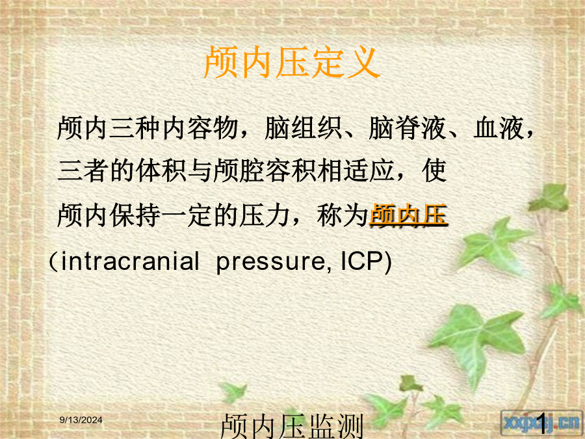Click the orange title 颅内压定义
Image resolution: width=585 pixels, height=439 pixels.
pos(292,62)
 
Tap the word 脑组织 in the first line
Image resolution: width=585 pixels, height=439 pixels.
pos(304,128)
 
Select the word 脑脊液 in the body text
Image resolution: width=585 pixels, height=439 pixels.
pos(408,128)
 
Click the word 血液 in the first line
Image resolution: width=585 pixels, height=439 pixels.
pos(499,128)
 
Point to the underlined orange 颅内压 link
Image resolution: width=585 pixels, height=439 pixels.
pos(408,215)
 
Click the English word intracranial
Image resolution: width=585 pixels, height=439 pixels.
pos(130,261)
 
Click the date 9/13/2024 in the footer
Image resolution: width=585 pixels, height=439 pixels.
pos(81,420)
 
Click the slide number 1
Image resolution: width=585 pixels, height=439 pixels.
pos(541,423)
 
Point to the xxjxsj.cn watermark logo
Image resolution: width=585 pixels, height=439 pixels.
pos(541,423)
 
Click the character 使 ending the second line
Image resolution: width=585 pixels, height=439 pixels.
pos(434,171)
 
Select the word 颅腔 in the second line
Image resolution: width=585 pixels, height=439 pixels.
pos(239,171)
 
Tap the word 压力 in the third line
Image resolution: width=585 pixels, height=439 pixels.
pos(265,215)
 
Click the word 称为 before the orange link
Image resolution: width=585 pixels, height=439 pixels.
pos(343,215)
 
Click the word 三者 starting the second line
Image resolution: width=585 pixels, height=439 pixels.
pos(83,171)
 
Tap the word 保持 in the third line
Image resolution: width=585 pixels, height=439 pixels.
pos(135,215)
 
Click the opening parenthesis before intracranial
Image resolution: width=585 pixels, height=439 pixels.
pos(53,261)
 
